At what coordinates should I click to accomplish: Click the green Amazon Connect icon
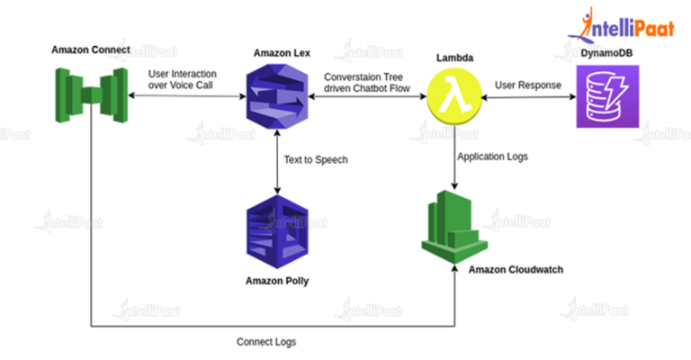click(x=89, y=94)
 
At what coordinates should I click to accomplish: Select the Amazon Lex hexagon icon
click(x=278, y=95)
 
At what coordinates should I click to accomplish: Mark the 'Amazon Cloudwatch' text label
click(x=516, y=270)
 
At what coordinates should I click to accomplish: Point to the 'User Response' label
click(x=528, y=85)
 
